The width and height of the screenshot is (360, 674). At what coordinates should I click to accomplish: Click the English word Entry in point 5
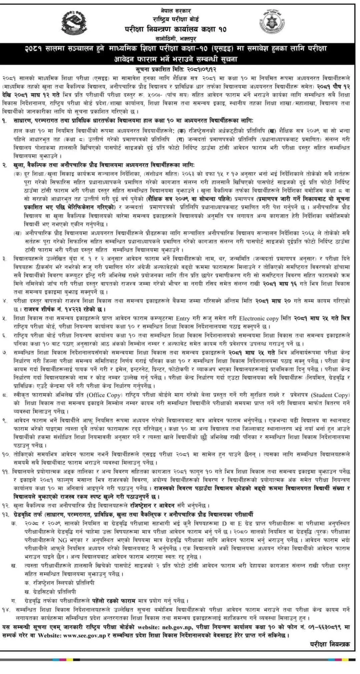182,318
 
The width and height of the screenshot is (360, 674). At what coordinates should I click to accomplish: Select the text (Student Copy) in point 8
329,395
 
